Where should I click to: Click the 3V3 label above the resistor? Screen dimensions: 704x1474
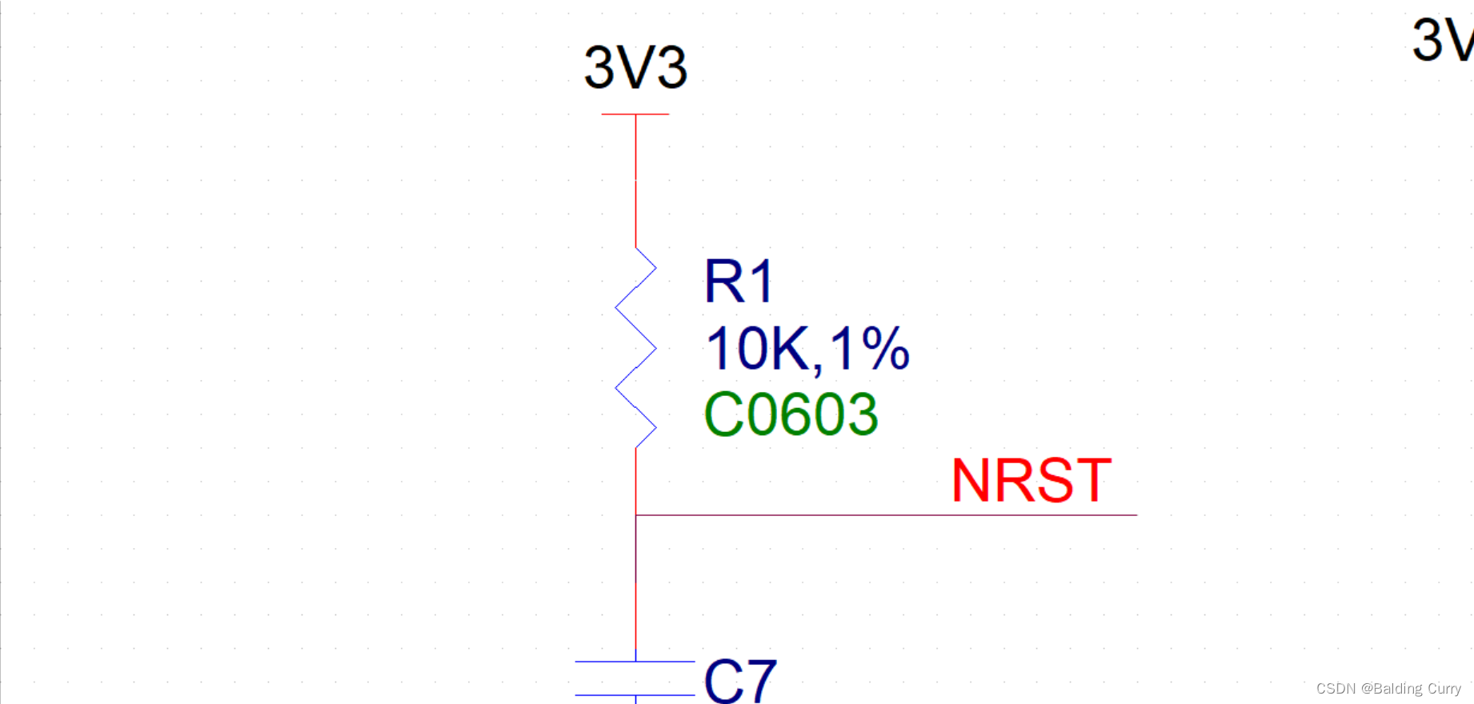pos(635,67)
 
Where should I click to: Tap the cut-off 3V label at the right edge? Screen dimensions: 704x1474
pos(1440,40)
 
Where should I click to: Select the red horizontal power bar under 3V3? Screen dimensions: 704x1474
pos(635,114)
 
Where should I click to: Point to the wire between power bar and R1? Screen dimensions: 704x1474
pos(636,180)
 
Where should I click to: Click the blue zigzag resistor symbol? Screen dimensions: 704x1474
pos(636,348)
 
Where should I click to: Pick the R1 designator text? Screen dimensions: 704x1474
pos(739,282)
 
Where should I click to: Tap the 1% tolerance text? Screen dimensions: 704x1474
pos(870,349)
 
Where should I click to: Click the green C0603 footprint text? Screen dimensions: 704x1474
pos(791,414)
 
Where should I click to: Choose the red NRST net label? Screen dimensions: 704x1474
pos(1031,481)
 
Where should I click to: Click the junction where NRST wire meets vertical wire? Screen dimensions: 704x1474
pos(636,515)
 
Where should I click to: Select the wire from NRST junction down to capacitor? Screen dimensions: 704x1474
pos(636,588)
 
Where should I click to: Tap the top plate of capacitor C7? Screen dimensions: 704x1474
pos(635,662)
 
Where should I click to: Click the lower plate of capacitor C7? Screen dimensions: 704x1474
pos(635,695)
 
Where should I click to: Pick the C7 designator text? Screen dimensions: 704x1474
pos(740,680)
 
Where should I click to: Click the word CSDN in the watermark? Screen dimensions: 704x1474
pos(1336,689)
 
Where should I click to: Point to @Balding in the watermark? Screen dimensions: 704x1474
pos(1392,689)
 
